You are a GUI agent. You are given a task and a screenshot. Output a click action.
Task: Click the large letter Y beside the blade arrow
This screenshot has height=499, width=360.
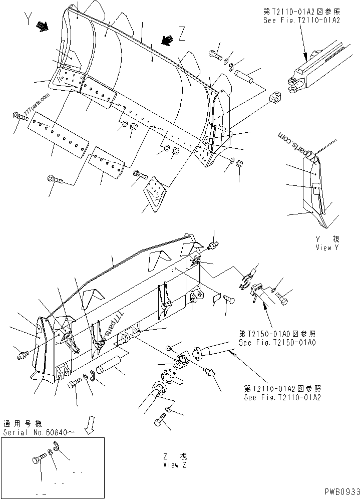pyautogui.click(x=27, y=21)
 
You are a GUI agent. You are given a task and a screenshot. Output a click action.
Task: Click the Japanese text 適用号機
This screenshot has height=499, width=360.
pyautogui.click(x=19, y=423)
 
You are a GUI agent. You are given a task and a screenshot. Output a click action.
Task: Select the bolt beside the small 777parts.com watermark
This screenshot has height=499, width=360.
pyautogui.click(x=20, y=116)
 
